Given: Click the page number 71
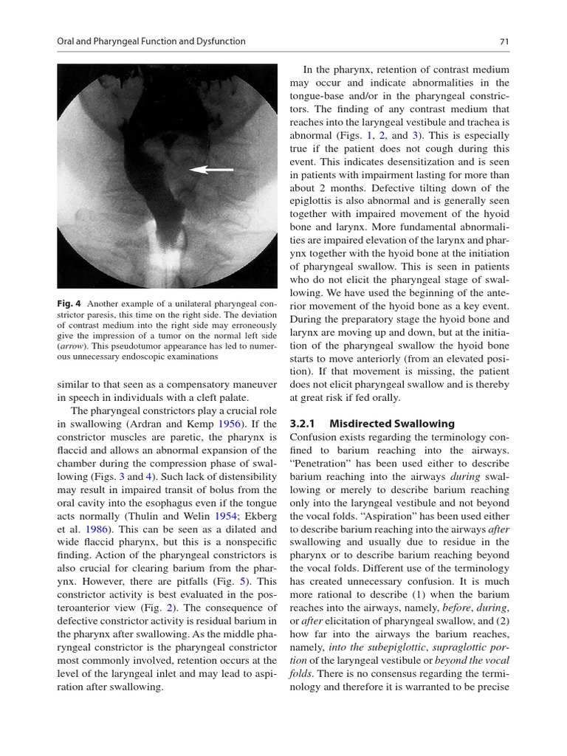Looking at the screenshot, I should pos(504,41).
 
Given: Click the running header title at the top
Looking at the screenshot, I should pos(151,41).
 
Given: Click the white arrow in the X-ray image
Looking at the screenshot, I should pos(211,170).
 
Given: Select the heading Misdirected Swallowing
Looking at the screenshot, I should pos(392,424).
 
